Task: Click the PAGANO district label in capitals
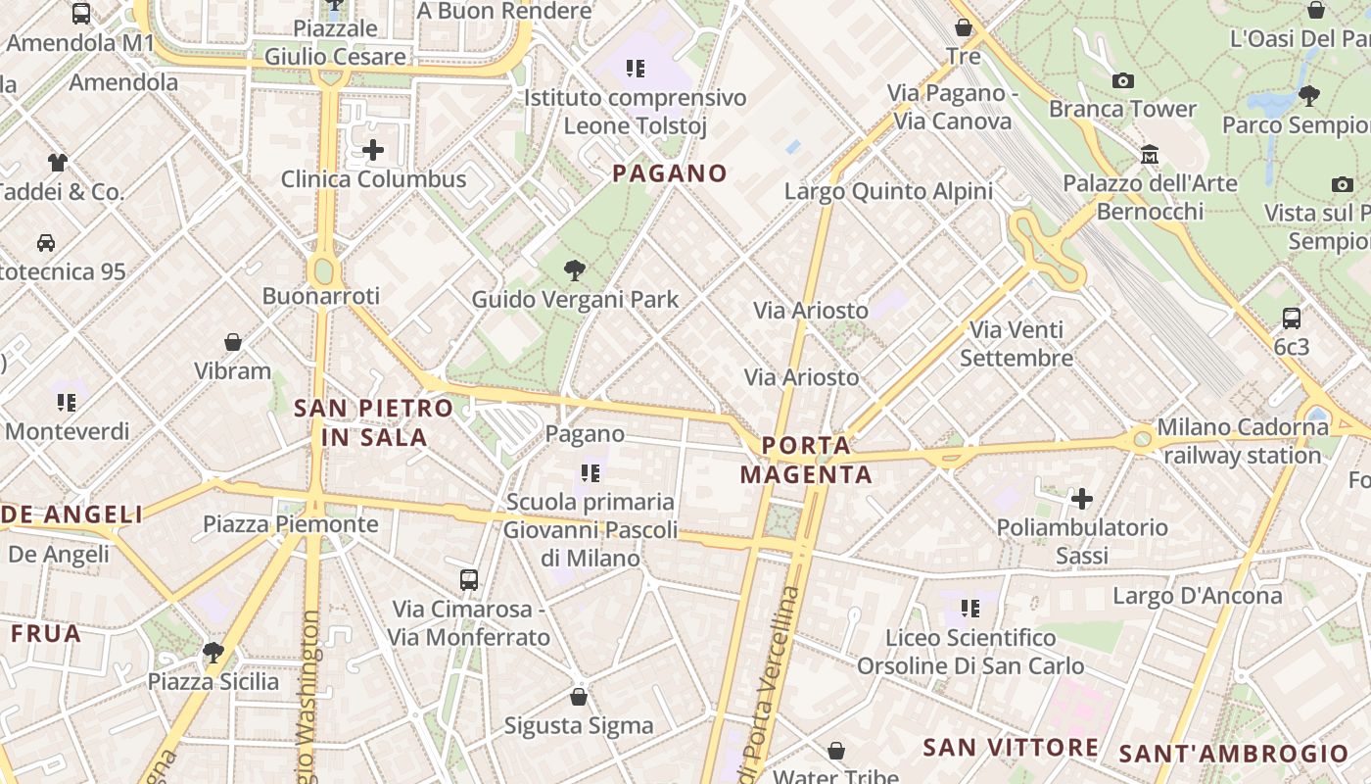[670, 173]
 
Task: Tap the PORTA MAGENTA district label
[806, 461]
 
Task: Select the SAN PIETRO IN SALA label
[374, 422]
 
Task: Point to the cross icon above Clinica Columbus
[373, 150]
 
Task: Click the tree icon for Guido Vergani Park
[575, 270]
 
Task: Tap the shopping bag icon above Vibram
[233, 342]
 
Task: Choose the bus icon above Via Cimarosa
[469, 579]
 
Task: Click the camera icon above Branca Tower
[1123, 80]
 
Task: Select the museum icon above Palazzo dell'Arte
[1150, 154]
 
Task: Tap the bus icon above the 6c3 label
[1292, 318]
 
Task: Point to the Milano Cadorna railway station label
[1242, 441]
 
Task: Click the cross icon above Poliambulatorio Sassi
[1082, 499]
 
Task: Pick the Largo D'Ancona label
[1197, 596]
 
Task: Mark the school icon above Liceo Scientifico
[970, 609]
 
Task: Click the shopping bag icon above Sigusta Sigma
[579, 697]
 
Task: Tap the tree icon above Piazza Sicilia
[213, 652]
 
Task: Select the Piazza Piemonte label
[290, 524]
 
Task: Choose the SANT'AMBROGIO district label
[1233, 754]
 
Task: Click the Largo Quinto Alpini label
[888, 191]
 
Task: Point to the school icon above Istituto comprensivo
[636, 69]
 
